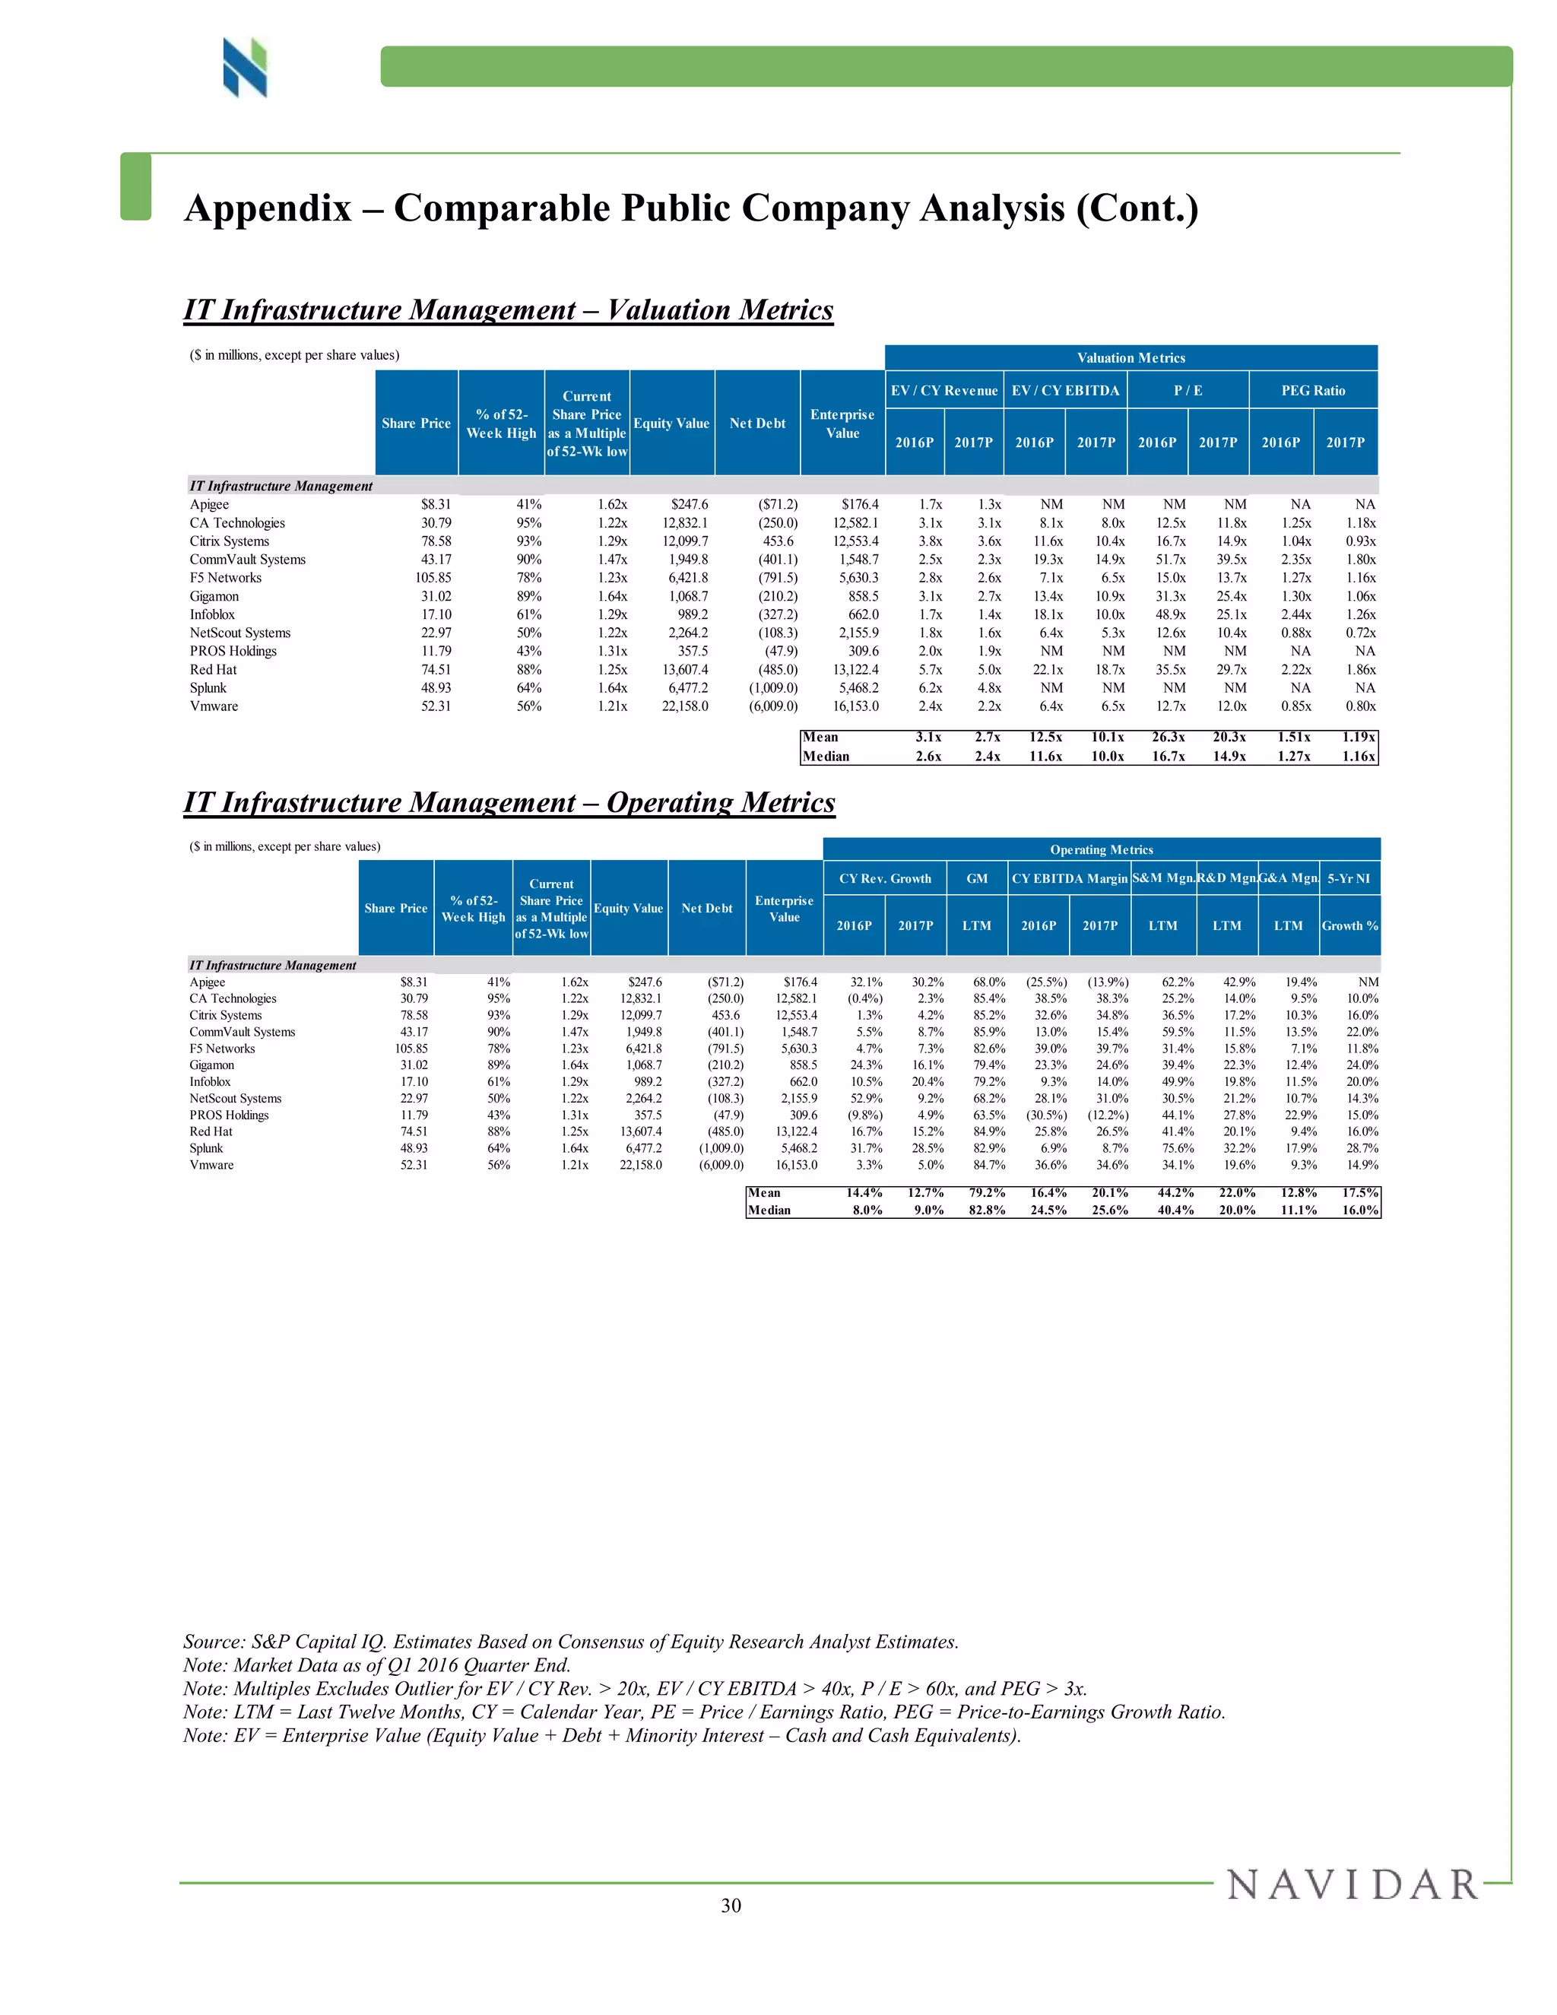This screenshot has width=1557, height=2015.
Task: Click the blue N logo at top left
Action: click(245, 68)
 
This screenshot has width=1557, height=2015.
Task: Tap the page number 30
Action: click(731, 1906)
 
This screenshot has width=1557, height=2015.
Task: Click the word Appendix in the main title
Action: click(268, 208)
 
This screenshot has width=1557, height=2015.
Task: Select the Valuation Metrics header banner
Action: click(1130, 358)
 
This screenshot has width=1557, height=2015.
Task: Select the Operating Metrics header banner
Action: click(1102, 850)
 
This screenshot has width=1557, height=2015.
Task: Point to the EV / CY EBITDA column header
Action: click(1065, 390)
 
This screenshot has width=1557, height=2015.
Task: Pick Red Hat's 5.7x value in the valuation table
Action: click(930, 670)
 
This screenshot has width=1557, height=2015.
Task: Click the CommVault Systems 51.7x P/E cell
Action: click(1171, 559)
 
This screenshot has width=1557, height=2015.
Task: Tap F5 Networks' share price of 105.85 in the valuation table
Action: click(433, 578)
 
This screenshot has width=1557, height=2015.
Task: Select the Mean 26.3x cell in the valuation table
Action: click(1169, 737)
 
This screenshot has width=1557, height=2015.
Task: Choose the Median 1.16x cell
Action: click(1359, 757)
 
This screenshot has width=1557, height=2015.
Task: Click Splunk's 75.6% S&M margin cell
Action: click(1178, 1149)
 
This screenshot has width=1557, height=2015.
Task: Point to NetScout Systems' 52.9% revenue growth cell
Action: click(866, 1099)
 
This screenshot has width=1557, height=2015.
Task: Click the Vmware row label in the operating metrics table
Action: click(211, 1165)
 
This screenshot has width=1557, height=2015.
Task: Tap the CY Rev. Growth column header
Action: click(885, 878)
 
